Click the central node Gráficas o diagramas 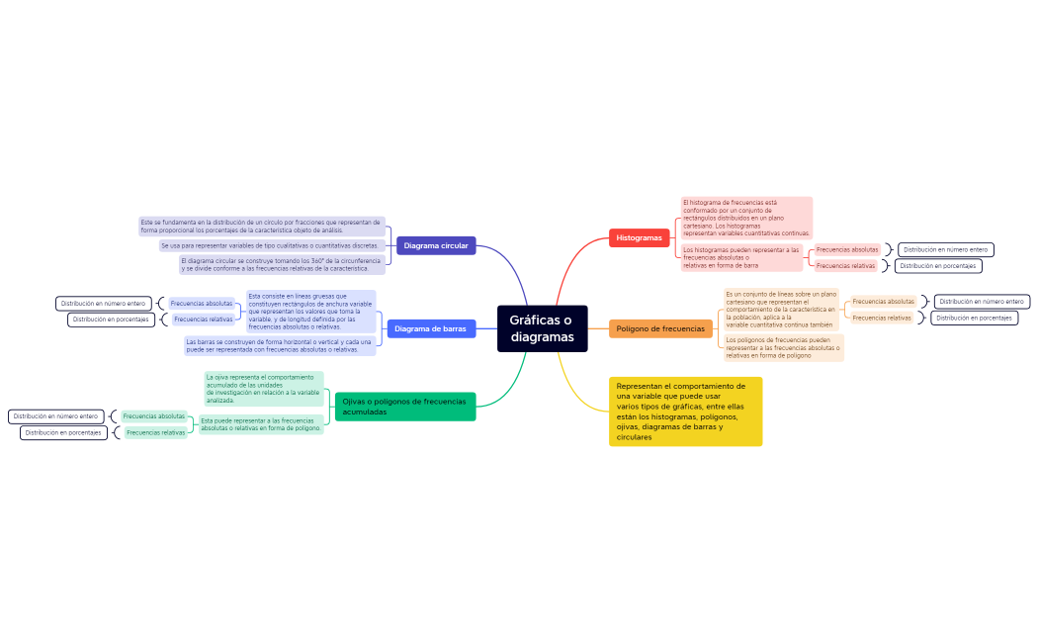542,328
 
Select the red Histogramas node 639,238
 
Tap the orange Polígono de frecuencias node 659,328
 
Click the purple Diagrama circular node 436,245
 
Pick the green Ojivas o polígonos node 404,406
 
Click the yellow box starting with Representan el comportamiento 685,412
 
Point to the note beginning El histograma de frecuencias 746,218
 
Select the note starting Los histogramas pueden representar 741,257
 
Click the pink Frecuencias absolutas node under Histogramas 847,249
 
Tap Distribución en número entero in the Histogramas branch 945,249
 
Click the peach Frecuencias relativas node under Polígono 882,318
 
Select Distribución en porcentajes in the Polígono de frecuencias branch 974,318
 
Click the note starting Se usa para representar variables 270,245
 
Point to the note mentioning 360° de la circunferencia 281,264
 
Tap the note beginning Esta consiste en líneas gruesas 310,311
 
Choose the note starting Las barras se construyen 279,345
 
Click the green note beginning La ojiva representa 263,389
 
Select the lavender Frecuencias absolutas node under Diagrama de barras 202,304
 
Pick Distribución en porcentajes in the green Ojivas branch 63,432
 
